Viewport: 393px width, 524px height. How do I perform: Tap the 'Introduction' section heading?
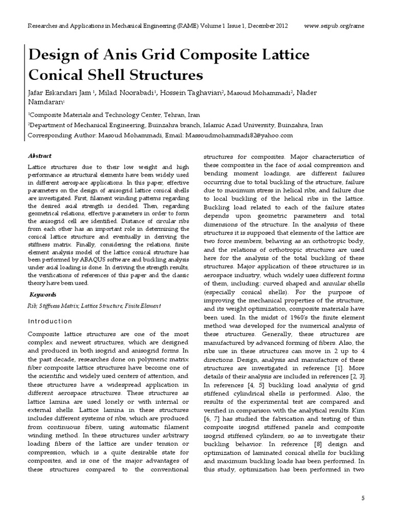(49, 321)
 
